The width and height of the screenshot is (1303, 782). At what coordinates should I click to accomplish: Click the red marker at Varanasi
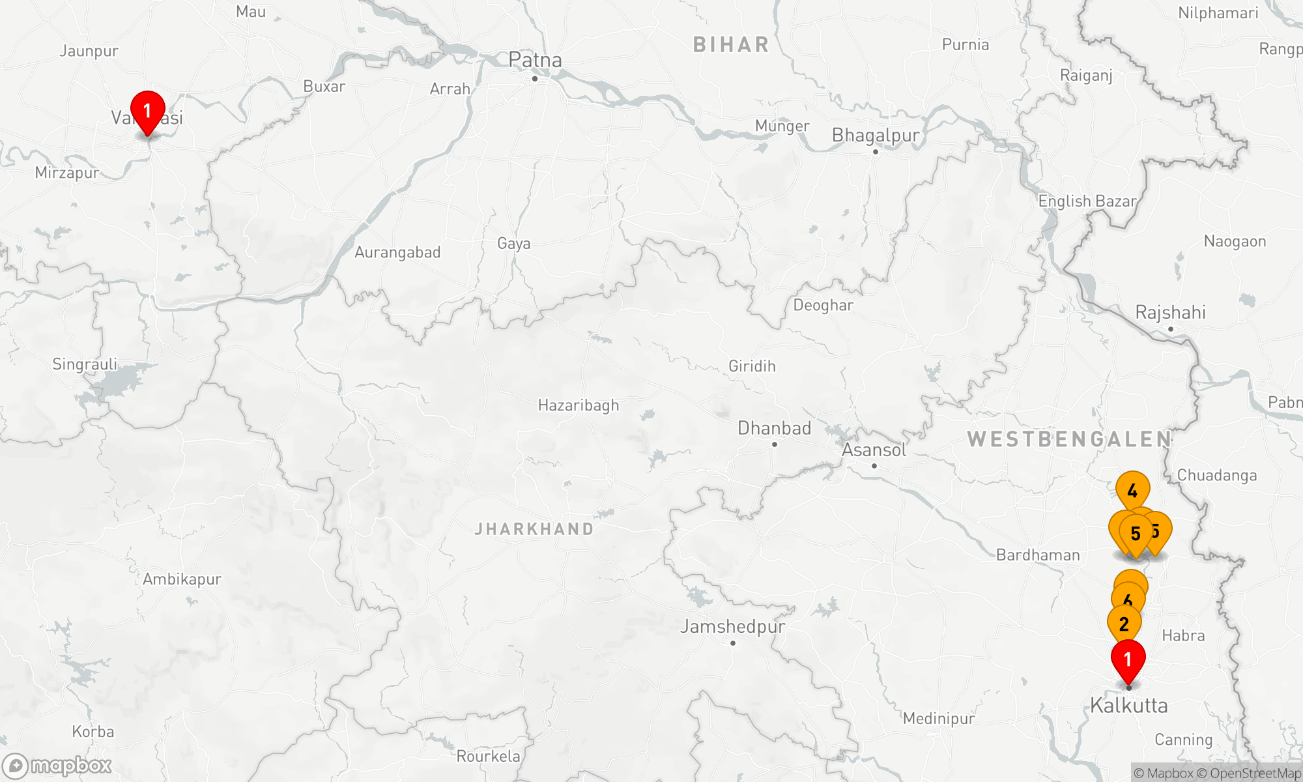coord(148,111)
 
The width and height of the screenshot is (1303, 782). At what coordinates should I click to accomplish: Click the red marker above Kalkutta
coord(1128,659)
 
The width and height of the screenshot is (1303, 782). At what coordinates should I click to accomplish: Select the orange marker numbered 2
coord(1124,623)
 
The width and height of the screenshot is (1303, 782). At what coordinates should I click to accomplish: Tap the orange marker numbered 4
coord(1132,489)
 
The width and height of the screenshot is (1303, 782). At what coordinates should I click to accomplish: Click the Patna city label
coord(535,60)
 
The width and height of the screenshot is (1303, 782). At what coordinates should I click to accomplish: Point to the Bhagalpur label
coord(876,136)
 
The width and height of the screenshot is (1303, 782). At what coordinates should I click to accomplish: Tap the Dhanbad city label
coord(774,428)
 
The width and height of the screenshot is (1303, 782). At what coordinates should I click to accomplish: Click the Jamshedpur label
coord(733,626)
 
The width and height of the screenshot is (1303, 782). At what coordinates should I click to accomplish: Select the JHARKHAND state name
coord(534,529)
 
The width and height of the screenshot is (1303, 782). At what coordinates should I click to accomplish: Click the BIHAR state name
coord(731,44)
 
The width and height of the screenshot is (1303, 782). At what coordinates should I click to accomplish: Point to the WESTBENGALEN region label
coord(1069,439)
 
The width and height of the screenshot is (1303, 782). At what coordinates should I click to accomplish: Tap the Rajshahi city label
coord(1170,312)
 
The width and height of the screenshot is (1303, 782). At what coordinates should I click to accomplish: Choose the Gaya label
coord(513,244)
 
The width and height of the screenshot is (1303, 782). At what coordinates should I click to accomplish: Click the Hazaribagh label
coord(579,405)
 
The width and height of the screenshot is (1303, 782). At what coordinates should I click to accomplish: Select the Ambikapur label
coord(182,579)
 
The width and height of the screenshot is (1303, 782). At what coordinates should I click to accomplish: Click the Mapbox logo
coord(57,765)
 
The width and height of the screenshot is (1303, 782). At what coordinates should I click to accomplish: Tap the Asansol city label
coord(874,450)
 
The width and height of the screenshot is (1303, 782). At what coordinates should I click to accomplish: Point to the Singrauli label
coord(85,364)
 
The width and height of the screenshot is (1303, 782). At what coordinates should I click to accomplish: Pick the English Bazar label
coord(1087,201)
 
